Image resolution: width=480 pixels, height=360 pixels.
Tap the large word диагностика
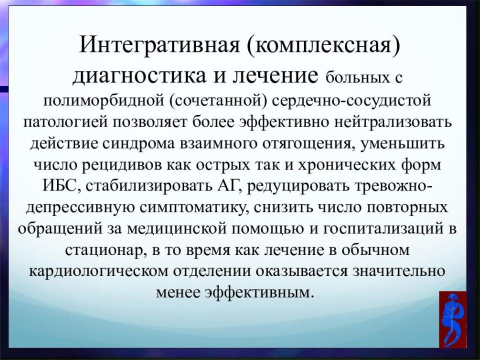(x=139, y=76)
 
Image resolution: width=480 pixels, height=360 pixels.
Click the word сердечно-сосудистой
(x=351, y=100)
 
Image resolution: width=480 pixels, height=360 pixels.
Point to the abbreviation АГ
(x=227, y=186)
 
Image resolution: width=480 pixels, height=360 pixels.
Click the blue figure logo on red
(x=453, y=319)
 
